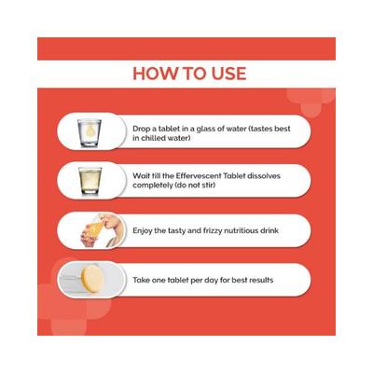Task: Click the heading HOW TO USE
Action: point(188,73)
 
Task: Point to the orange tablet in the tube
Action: point(90,277)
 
